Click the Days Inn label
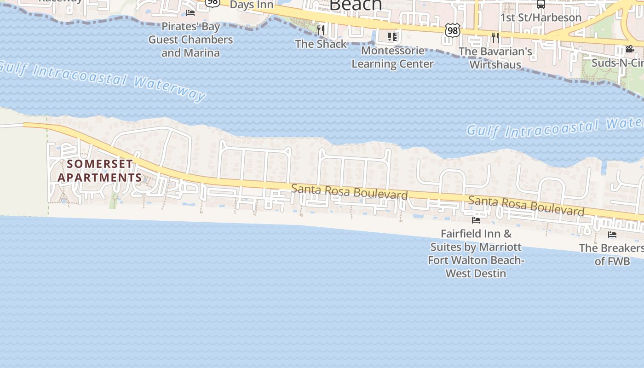(x=251, y=5)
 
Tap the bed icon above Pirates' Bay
(x=190, y=12)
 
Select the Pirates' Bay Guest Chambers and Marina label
(x=190, y=40)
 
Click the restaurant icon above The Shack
(x=321, y=30)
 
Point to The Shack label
(x=321, y=44)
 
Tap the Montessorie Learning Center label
(x=392, y=57)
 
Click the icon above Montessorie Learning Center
(x=392, y=36)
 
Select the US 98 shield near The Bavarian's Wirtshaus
(x=452, y=31)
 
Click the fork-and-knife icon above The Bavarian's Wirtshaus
(x=495, y=37)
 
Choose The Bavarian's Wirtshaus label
(x=495, y=58)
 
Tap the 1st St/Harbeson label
(x=541, y=17)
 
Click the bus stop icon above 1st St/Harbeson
(x=541, y=5)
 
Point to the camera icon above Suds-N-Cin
(x=630, y=49)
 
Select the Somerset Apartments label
(x=100, y=170)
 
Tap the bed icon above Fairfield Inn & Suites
(x=476, y=220)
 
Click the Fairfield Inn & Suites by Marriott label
(x=476, y=253)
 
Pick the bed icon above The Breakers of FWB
(x=612, y=235)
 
